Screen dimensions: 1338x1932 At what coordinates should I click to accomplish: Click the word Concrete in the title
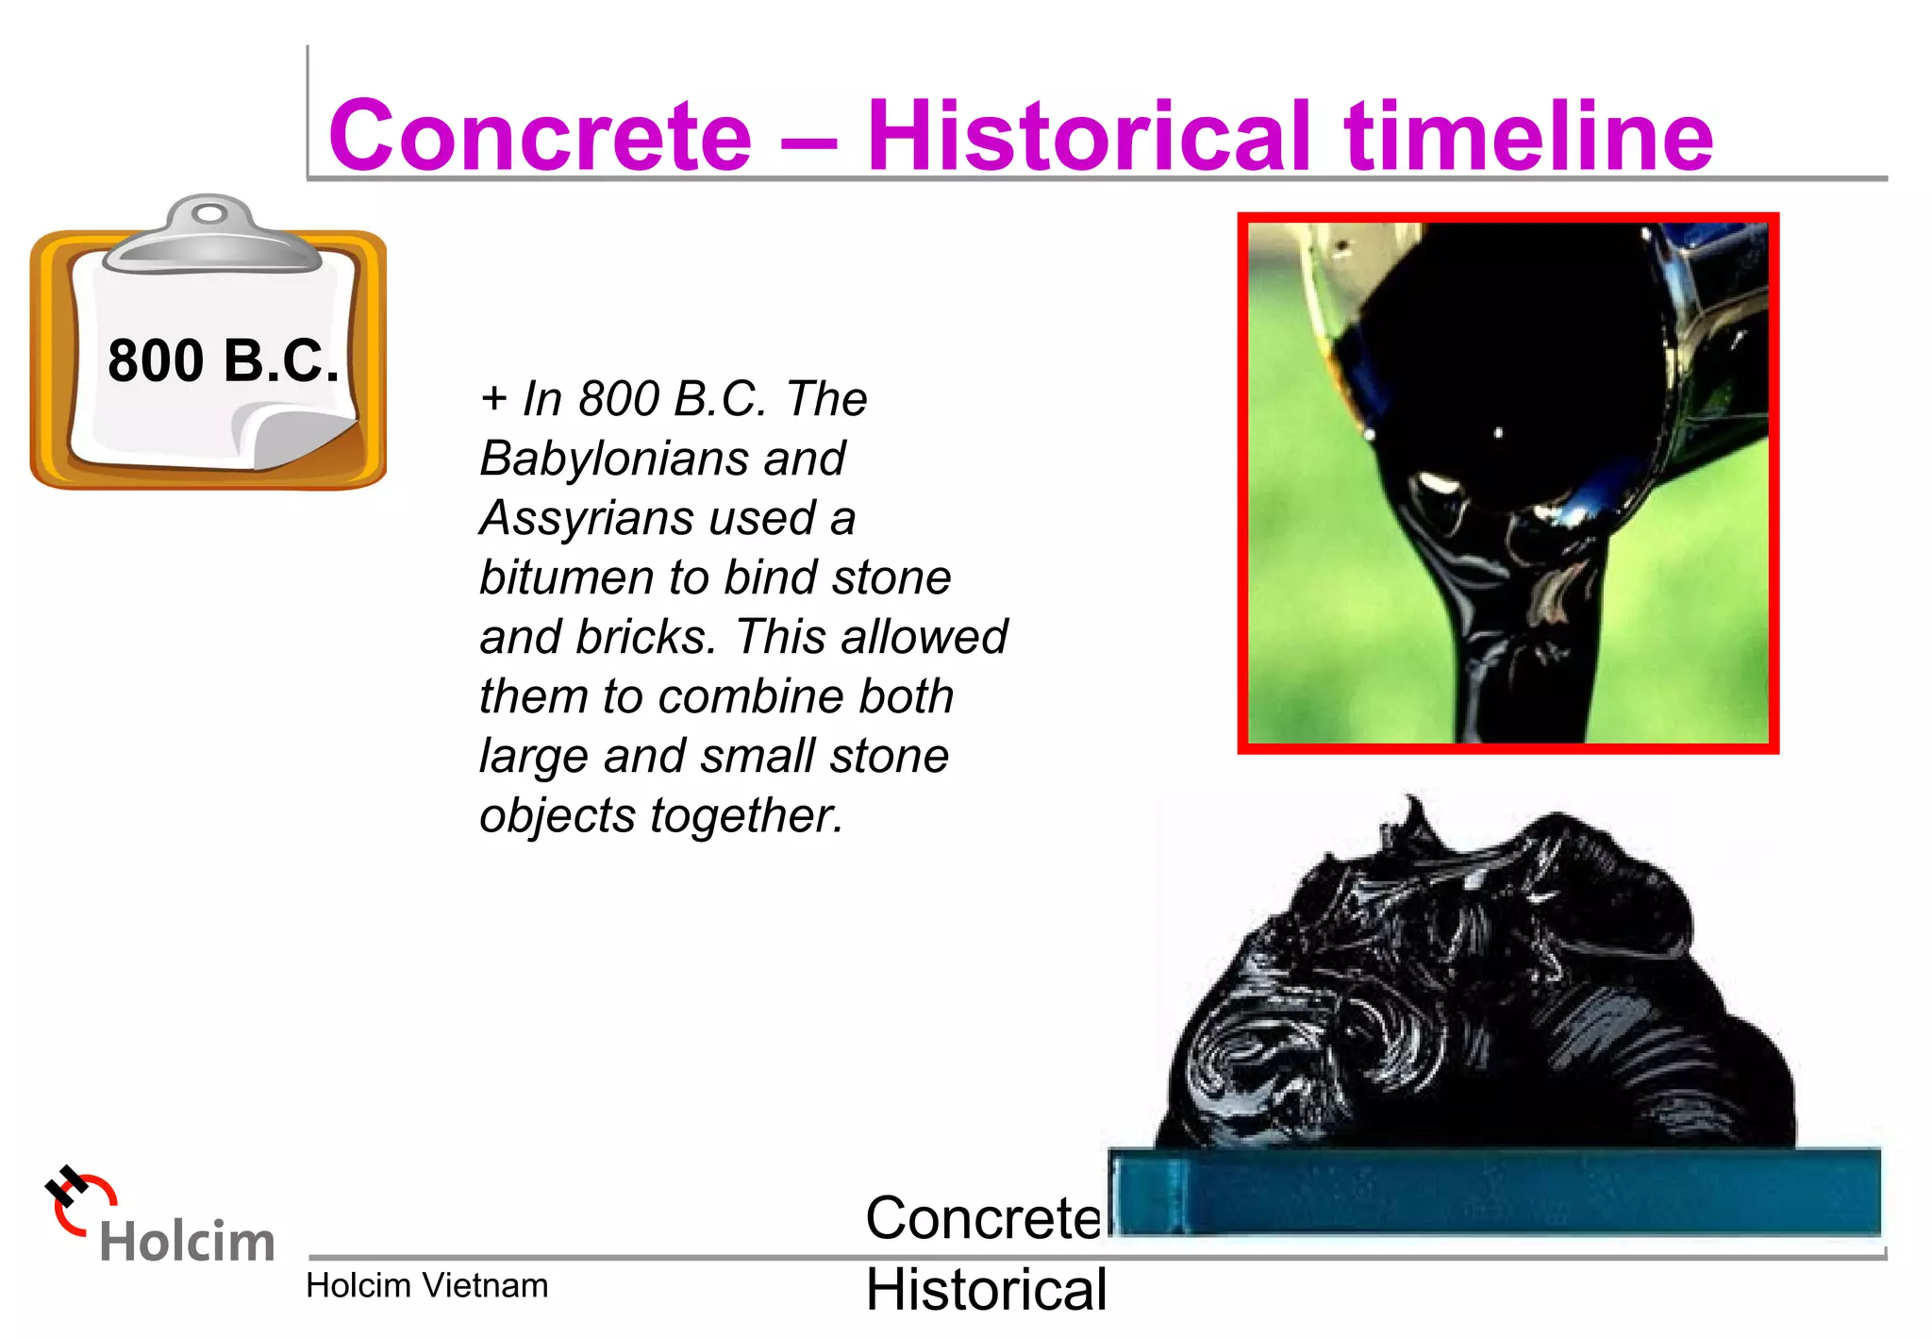[540, 137]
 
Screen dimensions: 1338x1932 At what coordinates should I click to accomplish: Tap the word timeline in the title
[1528, 137]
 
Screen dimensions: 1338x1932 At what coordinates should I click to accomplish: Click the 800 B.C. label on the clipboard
[223, 361]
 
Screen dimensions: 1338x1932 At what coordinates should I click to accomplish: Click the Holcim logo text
[187, 1242]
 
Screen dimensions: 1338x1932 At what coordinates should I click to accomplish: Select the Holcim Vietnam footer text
[426, 1286]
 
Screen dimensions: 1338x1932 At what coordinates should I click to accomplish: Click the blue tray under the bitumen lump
[1495, 1192]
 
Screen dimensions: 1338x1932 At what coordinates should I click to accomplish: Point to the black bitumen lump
[1481, 991]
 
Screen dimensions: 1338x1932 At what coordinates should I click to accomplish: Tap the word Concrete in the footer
[983, 1218]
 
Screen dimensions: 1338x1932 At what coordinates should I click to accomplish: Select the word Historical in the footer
[986, 1290]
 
